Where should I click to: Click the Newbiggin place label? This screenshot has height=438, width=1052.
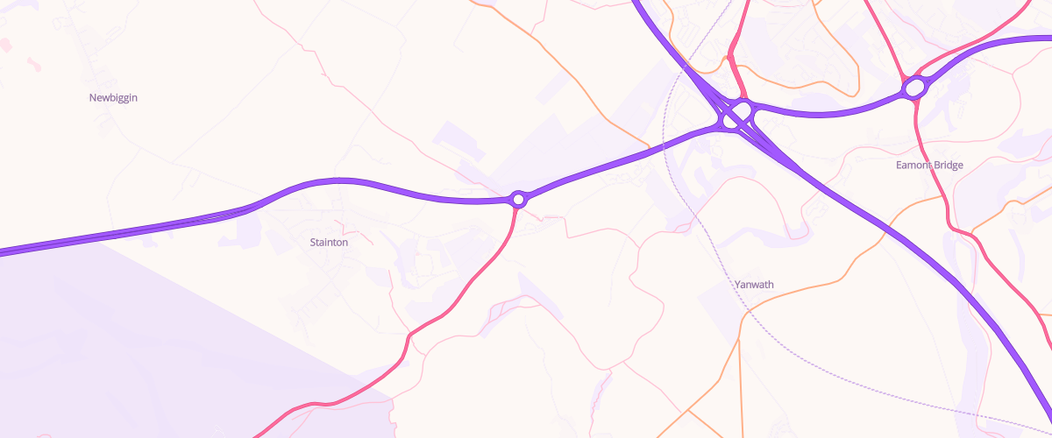click(113, 98)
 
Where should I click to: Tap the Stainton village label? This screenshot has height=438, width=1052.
click(329, 242)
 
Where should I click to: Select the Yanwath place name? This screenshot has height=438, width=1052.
click(754, 285)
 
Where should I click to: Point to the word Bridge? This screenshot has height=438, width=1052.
click(949, 165)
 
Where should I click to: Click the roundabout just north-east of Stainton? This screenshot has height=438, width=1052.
click(518, 200)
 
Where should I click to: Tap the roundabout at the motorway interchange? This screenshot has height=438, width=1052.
click(741, 114)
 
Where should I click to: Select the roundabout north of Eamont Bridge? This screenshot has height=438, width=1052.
click(914, 88)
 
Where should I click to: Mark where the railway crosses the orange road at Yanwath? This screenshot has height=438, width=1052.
click(748, 307)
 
